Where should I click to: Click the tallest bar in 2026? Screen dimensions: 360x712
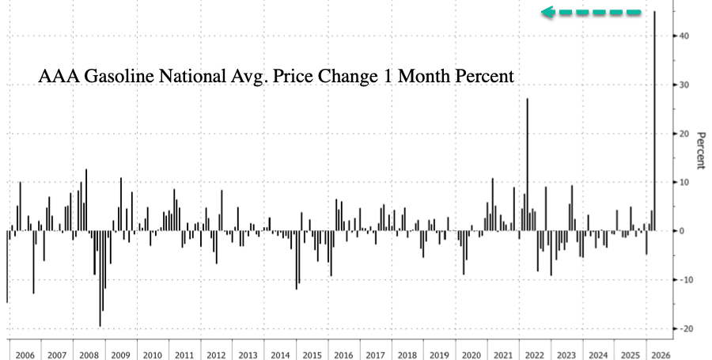click(654, 119)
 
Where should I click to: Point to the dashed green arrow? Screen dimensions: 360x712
click(591, 13)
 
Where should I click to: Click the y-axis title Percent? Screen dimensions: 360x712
click(700, 150)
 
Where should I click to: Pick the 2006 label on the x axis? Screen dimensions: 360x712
click(25, 355)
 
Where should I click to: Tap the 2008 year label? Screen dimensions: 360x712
click(89, 355)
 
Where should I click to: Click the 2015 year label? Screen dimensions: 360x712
click(313, 355)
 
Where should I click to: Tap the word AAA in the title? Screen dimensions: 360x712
click(55, 78)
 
